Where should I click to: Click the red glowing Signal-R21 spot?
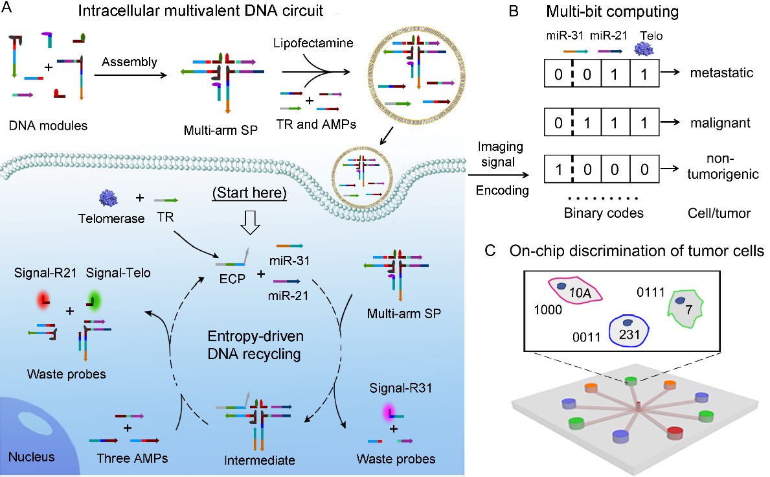[44, 299]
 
